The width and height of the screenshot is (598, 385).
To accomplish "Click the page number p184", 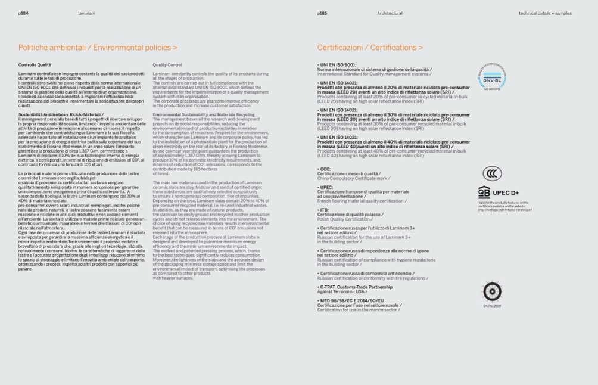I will click(x=23, y=13).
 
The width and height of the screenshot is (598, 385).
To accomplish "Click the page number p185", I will click(x=322, y=13).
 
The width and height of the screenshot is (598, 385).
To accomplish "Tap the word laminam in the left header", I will click(x=86, y=13).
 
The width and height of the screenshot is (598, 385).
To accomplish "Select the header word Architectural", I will click(x=390, y=13).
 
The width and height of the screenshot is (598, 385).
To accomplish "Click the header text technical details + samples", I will click(x=545, y=13).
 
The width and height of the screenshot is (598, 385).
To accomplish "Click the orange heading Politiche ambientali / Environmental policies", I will click(x=98, y=48).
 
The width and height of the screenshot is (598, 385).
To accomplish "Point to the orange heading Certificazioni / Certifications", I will click(x=370, y=48).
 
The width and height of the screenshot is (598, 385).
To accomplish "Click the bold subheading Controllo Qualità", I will click(x=35, y=65).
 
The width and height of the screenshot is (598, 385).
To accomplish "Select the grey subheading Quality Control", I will click(x=167, y=65).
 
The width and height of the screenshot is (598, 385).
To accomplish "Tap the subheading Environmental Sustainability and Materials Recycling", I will click(x=203, y=114).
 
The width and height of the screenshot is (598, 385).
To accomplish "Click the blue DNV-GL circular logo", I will click(x=492, y=77).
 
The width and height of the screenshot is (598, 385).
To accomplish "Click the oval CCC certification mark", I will click(x=492, y=173).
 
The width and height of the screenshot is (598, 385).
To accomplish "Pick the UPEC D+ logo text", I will click(x=506, y=193).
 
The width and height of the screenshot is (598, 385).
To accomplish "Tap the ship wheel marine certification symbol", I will click(x=492, y=291).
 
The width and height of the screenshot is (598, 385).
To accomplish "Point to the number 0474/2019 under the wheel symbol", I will click(x=492, y=306).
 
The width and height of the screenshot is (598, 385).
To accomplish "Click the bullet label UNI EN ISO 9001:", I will click(x=337, y=65).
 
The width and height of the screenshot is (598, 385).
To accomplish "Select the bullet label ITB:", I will click(x=323, y=210).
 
